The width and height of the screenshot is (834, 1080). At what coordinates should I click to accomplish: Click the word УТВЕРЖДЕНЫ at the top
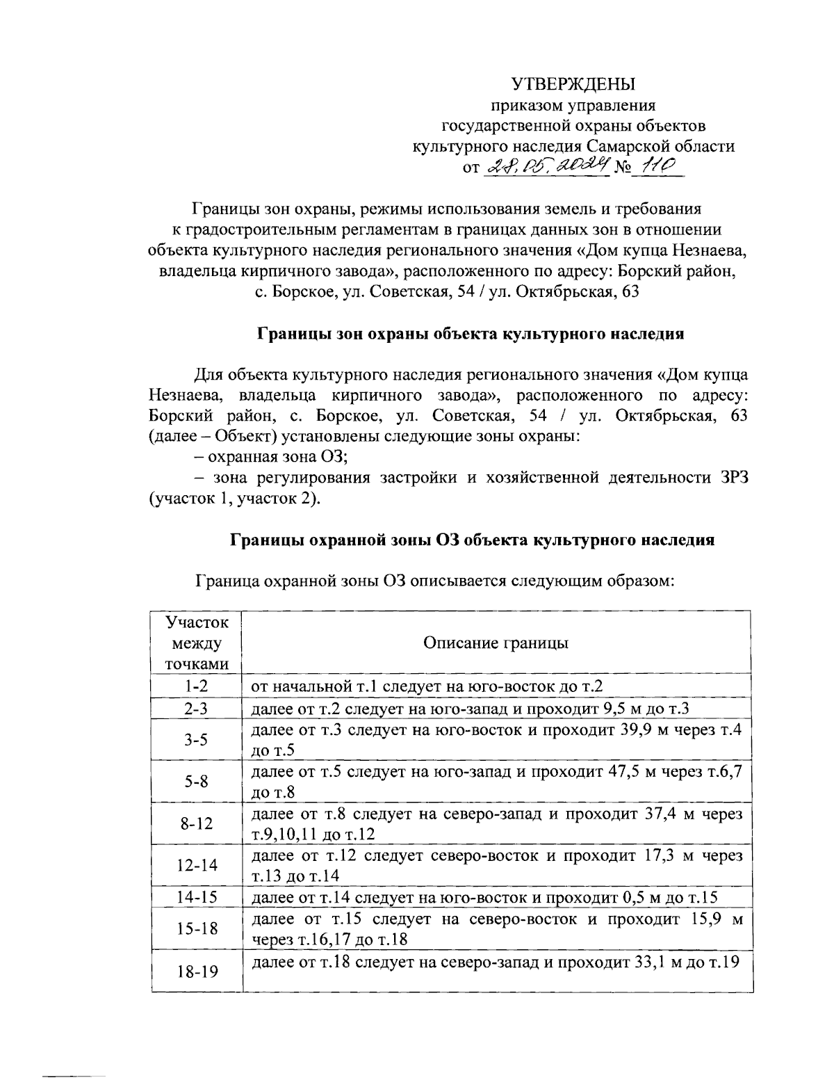pyautogui.click(x=573, y=85)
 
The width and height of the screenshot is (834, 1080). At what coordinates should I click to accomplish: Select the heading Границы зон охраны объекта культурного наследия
pyautogui.click(x=471, y=334)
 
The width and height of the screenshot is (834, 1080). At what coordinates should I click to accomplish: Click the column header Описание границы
pyautogui.click(x=496, y=643)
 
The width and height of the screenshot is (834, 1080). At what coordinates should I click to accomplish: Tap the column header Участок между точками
pyautogui.click(x=197, y=643)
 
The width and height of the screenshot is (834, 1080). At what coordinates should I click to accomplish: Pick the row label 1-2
pyautogui.click(x=197, y=686)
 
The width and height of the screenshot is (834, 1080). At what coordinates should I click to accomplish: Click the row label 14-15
pyautogui.click(x=197, y=897)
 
